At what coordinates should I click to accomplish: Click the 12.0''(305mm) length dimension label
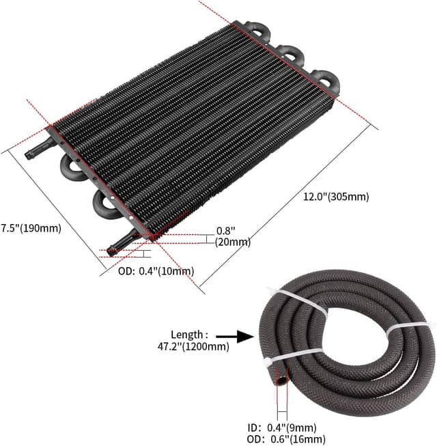336,197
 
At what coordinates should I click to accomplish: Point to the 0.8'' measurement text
225,231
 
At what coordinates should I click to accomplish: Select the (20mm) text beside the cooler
233,242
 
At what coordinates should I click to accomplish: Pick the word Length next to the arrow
189,335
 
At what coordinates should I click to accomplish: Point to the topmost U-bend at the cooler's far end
258,28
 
